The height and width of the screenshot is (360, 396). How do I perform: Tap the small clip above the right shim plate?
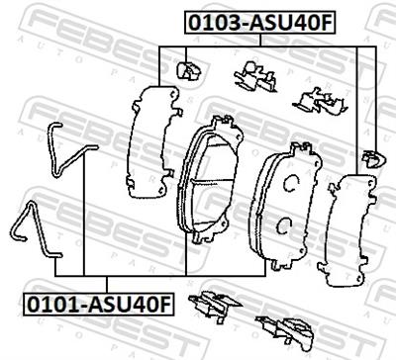click(370, 155)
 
